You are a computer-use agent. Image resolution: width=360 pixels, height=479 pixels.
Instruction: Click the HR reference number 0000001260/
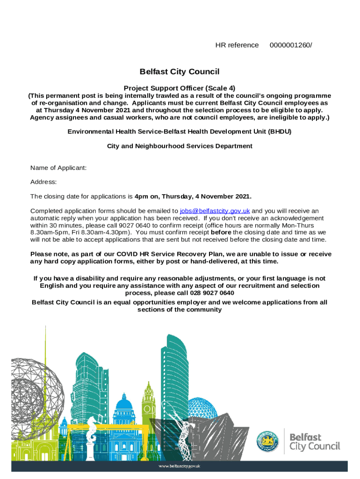click(x=290, y=45)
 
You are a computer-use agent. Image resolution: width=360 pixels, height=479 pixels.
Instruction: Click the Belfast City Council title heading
click(x=180, y=72)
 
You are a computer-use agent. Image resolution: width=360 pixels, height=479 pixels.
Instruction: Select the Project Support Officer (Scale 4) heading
click(x=180, y=88)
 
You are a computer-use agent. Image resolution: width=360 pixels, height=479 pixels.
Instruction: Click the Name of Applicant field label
click(x=58, y=167)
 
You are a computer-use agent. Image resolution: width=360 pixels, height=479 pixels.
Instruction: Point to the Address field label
click(x=43, y=181)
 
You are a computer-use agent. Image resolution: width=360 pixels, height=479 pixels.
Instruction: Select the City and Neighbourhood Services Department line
click(x=180, y=146)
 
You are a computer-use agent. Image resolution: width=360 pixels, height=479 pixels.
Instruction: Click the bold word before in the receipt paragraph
click(x=221, y=232)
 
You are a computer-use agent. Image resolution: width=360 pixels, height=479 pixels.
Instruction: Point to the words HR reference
click(x=237, y=45)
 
